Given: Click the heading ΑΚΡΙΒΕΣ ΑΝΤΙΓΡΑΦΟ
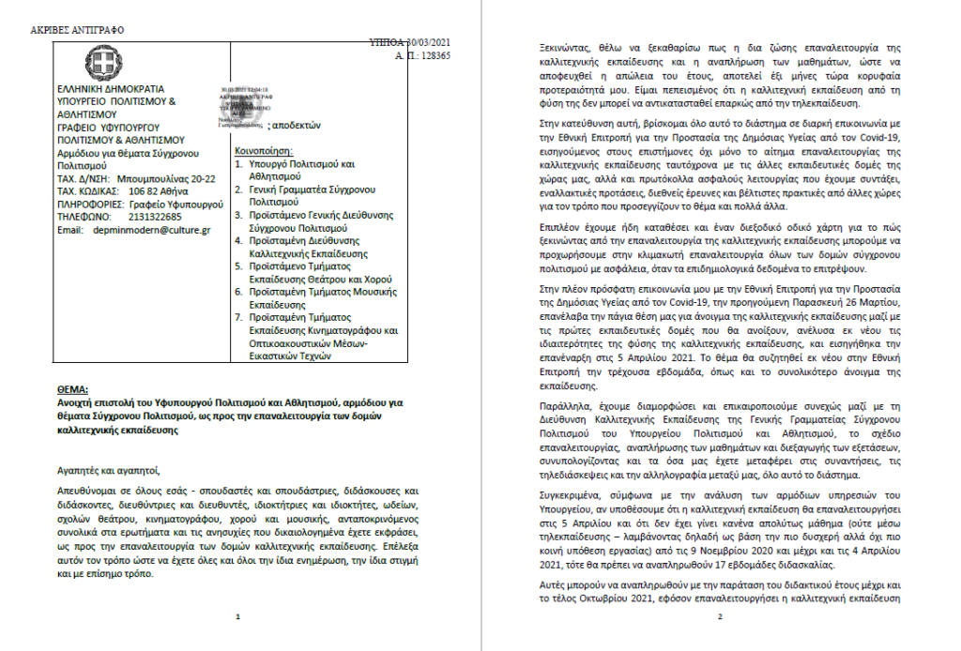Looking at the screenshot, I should (77, 30).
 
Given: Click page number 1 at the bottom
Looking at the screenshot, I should (238, 617).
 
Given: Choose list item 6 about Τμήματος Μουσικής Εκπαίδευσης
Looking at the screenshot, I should (306, 298).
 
